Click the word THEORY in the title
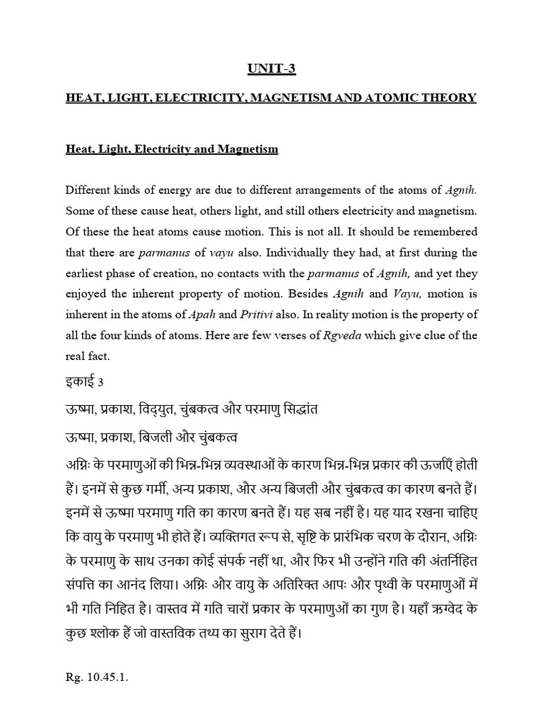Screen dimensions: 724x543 point(450,97)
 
